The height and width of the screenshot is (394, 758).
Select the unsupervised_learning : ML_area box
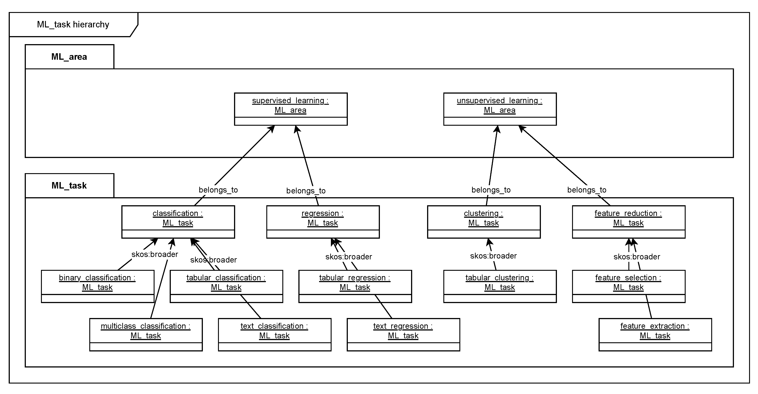click(x=500, y=109)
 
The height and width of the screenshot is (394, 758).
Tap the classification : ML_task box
click(x=178, y=222)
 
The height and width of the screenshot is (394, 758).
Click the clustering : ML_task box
click(x=483, y=222)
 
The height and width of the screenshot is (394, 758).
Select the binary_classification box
click(x=97, y=286)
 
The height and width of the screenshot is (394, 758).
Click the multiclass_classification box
click(x=146, y=334)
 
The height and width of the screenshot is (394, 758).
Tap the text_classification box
click(x=274, y=334)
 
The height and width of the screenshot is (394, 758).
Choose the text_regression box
click(x=403, y=334)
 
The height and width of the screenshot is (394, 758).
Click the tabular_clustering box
click(x=500, y=286)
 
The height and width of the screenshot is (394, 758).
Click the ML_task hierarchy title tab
click(x=73, y=25)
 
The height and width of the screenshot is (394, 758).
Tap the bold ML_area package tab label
click(x=69, y=57)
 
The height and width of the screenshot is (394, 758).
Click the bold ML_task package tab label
click(x=69, y=185)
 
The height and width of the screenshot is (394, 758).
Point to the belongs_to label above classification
click(x=218, y=190)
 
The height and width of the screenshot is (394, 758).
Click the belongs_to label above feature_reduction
click(x=587, y=190)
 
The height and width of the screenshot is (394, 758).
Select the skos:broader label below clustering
click(x=493, y=256)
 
